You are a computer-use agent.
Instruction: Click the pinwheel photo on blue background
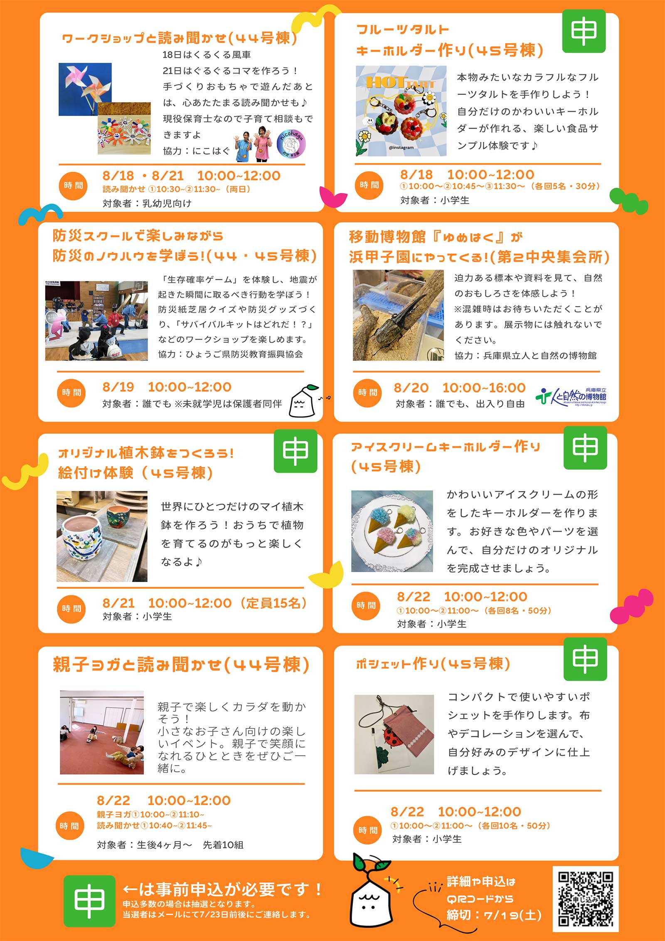coord(85,89)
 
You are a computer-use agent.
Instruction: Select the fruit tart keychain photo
coord(401,111)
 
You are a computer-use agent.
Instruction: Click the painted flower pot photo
coord(102,536)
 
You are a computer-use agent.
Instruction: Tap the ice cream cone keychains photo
coord(392,531)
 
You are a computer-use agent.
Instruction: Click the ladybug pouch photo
coord(394,734)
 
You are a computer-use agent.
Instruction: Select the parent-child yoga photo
coord(102,732)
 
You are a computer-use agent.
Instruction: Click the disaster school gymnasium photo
coord(96,321)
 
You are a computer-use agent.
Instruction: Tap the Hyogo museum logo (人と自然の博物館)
coord(571,397)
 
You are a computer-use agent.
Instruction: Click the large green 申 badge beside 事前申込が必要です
coord(89,901)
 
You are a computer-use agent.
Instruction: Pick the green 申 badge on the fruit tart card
coord(584,31)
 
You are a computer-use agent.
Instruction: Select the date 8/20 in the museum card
coord(411,388)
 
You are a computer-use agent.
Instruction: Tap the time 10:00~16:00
coord(484,388)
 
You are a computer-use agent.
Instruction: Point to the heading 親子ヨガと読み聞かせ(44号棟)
coord(181,664)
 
